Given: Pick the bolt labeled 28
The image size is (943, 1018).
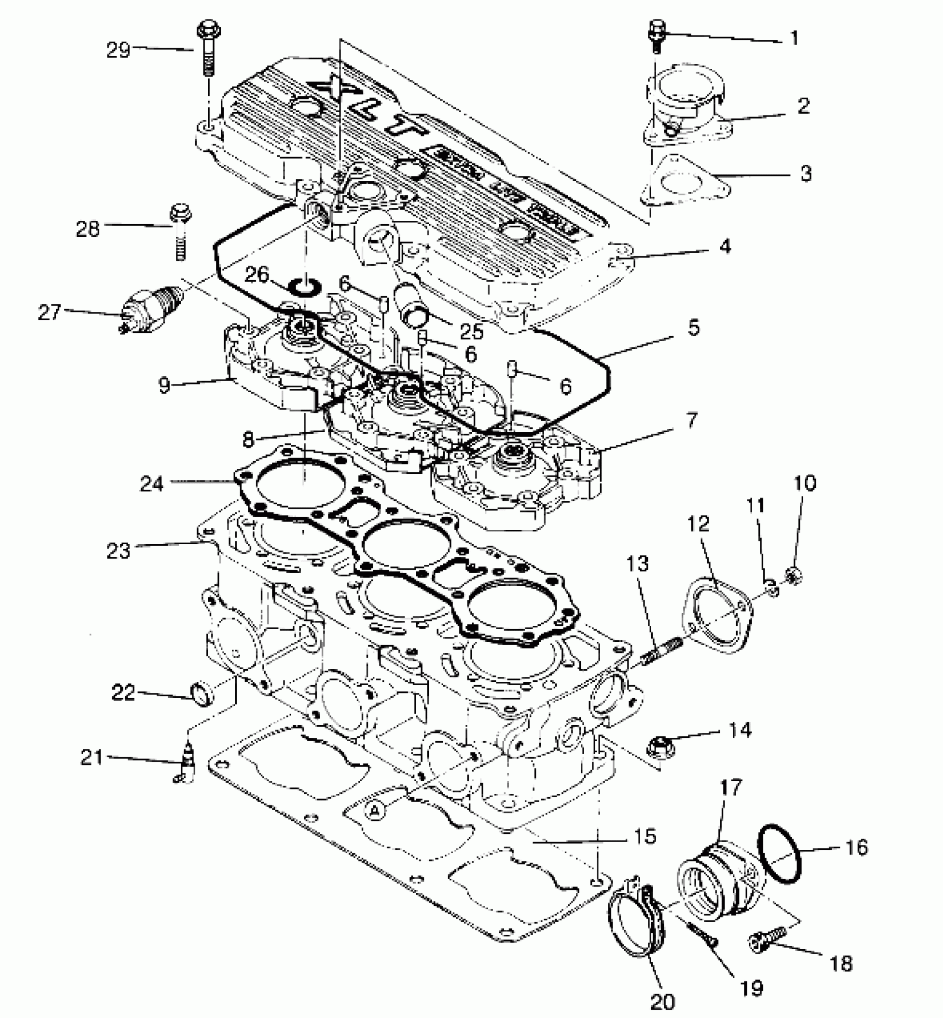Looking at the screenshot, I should coord(179,233).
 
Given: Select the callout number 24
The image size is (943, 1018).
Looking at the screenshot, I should coord(151,483).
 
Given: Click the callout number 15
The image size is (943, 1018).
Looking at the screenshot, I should coord(644,835).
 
